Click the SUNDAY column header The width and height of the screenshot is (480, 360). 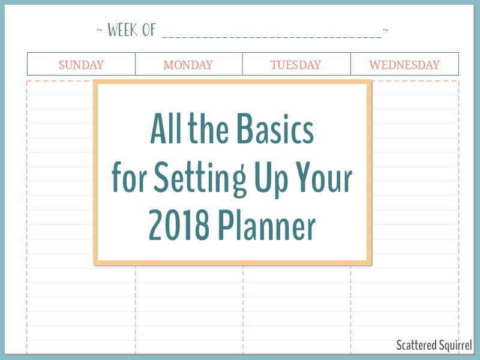pyautogui.click(x=81, y=65)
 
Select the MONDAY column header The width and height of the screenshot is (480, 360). pyautogui.click(x=188, y=65)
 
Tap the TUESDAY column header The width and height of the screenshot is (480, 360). pyautogui.click(x=296, y=65)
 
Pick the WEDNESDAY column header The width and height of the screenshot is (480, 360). pyautogui.click(x=404, y=65)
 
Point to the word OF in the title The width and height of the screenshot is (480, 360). pyautogui.click(x=149, y=30)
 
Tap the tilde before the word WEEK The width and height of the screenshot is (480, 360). pyautogui.click(x=100, y=30)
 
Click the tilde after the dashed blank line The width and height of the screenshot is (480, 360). pyautogui.click(x=386, y=29)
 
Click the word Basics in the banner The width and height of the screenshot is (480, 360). pyautogui.click(x=275, y=128)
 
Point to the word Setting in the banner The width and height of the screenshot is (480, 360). pyautogui.click(x=200, y=178)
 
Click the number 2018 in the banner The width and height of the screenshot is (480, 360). pyautogui.click(x=179, y=226)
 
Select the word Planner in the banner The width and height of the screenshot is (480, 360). pyautogui.click(x=266, y=226)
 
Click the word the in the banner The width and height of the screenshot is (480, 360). pyautogui.click(x=208, y=128)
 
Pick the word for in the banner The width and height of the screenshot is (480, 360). pyautogui.click(x=129, y=177)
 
